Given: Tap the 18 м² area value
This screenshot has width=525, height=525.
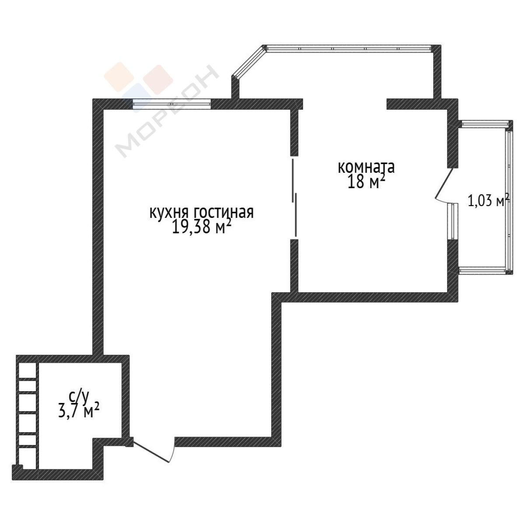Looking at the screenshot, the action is [367, 182].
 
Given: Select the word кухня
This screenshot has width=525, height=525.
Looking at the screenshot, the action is [168, 213].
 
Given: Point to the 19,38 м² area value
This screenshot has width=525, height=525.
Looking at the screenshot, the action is [202, 227].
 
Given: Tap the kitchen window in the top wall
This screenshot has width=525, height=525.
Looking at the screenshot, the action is [171, 104].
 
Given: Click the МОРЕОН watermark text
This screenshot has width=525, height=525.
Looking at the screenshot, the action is [167, 111].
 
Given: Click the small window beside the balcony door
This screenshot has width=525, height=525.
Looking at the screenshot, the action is [452, 221].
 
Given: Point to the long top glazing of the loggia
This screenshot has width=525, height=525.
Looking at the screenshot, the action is [349, 48].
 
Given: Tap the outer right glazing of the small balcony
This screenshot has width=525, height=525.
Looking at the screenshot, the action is [509, 199].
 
